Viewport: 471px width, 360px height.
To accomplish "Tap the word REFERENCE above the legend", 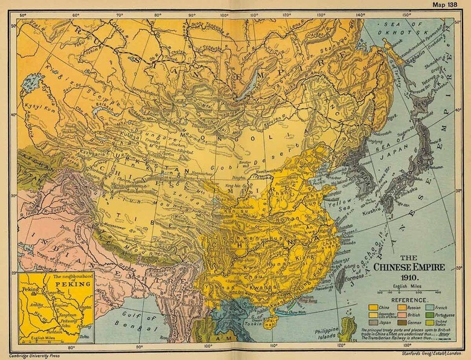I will (409, 300).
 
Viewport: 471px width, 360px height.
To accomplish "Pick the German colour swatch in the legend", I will (402, 323).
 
